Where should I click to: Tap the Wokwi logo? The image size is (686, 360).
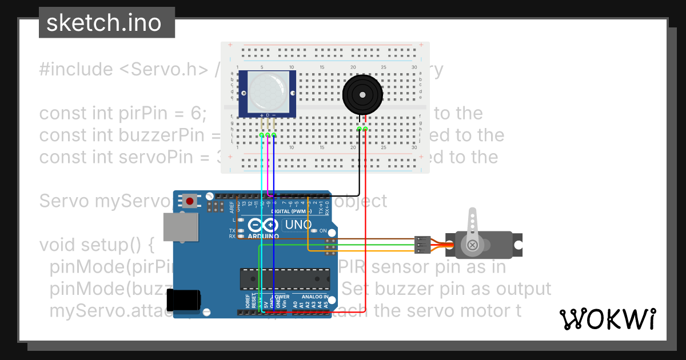pos(607,319)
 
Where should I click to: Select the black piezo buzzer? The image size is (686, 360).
pos(362,95)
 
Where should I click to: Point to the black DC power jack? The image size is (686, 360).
pos(184,300)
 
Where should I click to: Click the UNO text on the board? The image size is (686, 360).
pos(298,225)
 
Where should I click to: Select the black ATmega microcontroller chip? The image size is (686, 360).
pos(285,278)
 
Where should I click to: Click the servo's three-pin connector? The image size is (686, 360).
pos(421,245)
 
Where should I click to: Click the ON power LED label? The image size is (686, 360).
pos(323,231)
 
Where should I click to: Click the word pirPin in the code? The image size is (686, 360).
pos(108,113)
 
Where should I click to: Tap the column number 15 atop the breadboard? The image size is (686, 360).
pos(322,68)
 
